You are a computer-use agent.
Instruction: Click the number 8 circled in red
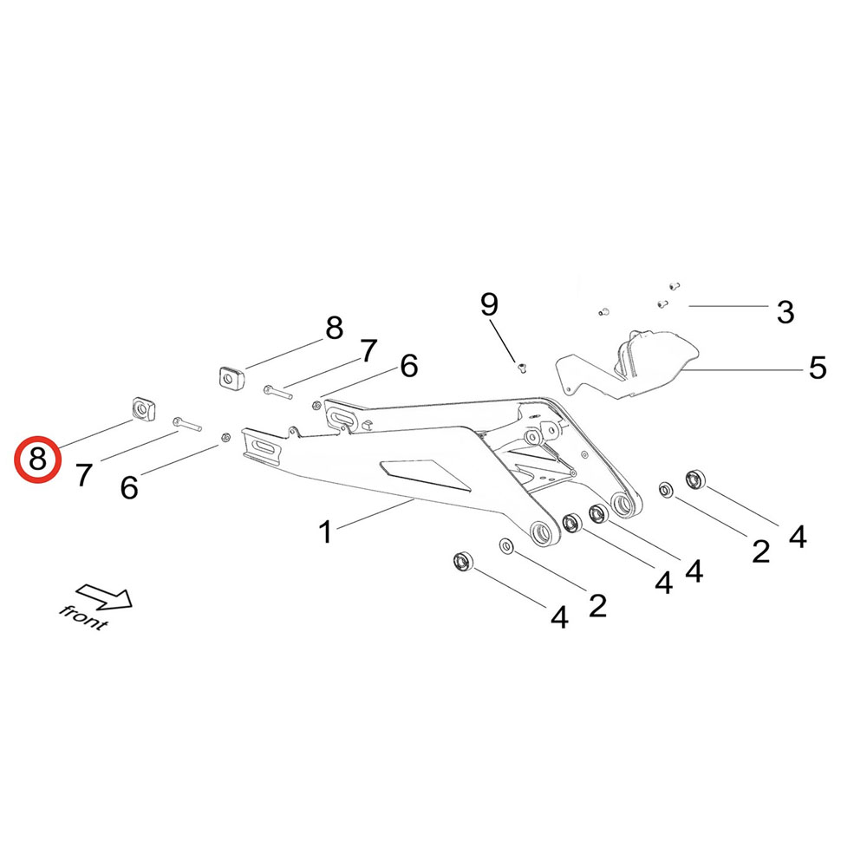(37, 460)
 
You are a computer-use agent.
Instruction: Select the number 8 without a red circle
(334, 329)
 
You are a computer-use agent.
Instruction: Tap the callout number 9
(490, 304)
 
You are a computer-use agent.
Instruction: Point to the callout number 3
(786, 312)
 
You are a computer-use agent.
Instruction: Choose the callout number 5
(818, 368)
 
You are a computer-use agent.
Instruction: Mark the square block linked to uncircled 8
(229, 378)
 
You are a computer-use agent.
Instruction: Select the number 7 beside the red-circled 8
(83, 474)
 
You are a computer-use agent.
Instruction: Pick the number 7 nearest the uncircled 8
(369, 351)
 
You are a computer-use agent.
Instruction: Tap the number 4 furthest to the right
(798, 537)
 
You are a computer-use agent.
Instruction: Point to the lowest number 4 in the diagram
(559, 617)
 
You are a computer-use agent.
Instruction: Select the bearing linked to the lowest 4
(463, 561)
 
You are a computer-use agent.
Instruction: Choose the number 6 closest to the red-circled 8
(129, 487)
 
